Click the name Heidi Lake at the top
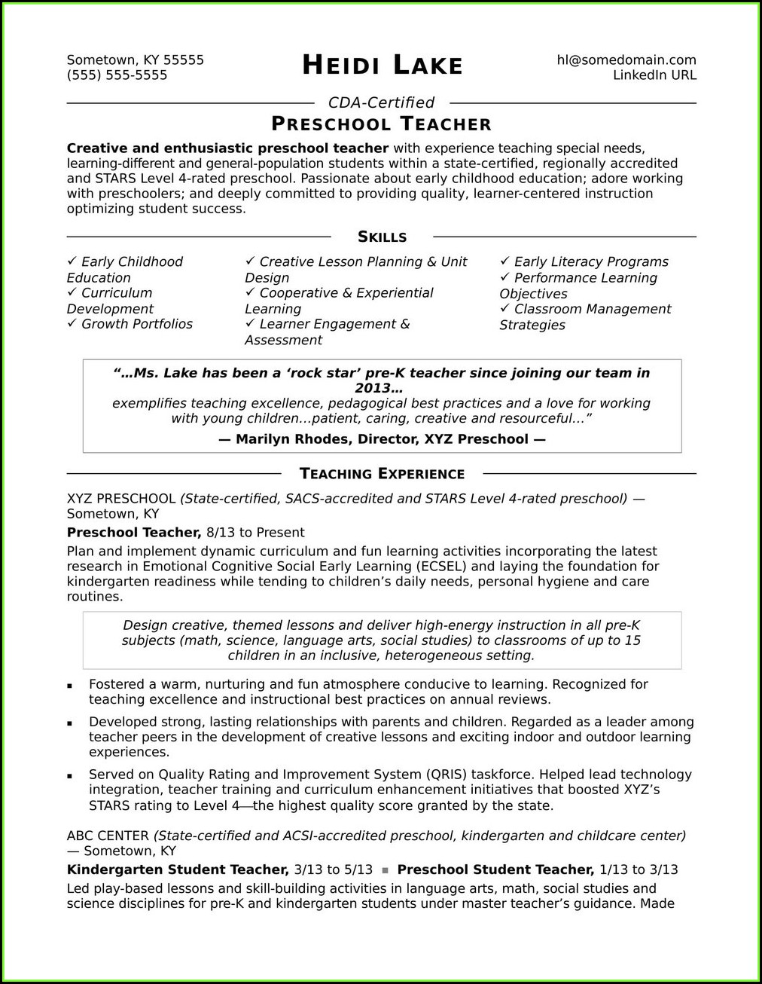tap(382, 66)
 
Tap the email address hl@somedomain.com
tap(626, 60)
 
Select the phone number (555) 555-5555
tap(117, 75)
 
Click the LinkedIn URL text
tap(654, 75)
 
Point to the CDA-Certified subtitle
tap(381, 102)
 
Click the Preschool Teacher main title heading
tap(381, 124)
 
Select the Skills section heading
tap(382, 237)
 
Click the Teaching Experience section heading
tap(382, 474)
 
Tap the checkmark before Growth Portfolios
tap(72, 323)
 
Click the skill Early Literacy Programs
tap(590, 262)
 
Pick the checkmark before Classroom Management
tap(504, 309)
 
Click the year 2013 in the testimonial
tap(373, 389)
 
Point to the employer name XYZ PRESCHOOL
tap(121, 499)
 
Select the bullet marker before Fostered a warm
tap(70, 686)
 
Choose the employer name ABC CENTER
tap(108, 836)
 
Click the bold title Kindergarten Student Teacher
tap(178, 869)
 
